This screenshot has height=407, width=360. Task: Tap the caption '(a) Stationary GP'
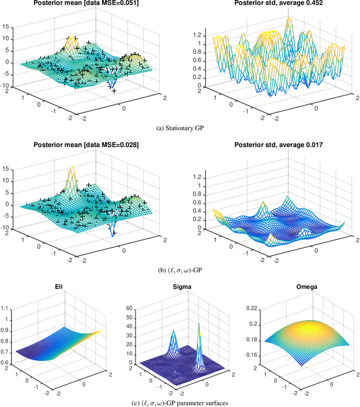[180, 129]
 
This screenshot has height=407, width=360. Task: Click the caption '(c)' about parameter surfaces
[180, 402]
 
